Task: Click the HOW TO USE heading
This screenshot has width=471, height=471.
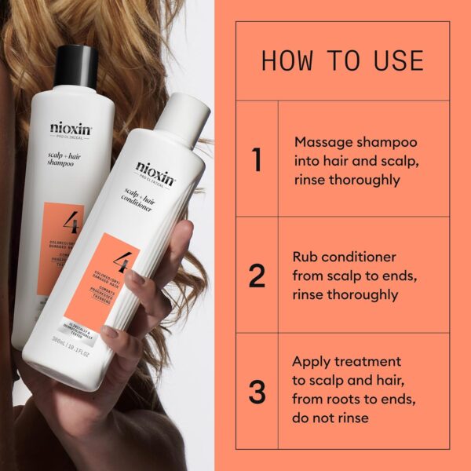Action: [342, 61]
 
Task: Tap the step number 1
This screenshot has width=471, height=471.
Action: [257, 159]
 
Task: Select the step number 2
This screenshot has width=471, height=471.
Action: [257, 276]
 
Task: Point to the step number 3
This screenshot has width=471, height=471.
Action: [257, 392]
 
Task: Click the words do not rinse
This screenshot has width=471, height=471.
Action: [330, 418]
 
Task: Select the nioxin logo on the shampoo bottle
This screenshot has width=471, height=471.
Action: [71, 127]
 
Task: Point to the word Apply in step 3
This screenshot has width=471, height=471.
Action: [312, 362]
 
